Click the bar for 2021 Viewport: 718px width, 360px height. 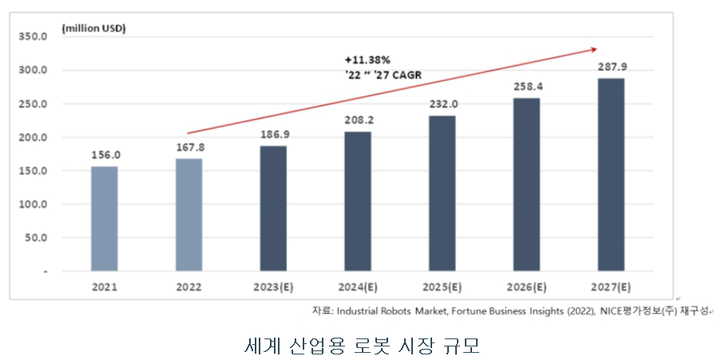[104, 218]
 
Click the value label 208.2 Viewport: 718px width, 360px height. [358, 121]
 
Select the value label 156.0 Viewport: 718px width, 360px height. [104, 155]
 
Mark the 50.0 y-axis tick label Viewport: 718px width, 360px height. [34, 238]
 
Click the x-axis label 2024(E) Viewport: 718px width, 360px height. [358, 287]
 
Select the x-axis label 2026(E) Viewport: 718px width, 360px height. [526, 287]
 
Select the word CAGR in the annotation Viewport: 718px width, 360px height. [405, 75]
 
